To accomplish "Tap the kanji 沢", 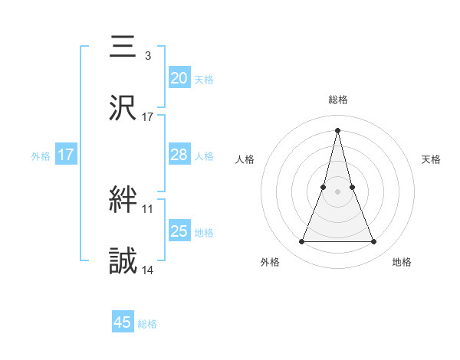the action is (123, 107).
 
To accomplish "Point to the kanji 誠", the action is (123, 261).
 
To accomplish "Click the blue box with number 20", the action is (179, 77).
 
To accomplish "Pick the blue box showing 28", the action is (179, 155).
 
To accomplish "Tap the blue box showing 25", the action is (179, 231).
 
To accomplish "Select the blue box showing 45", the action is (123, 322).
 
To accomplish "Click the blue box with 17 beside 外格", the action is (65, 155).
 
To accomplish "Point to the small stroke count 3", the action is (147, 56).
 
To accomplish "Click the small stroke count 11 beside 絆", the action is (148, 208).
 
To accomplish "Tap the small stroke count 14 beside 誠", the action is (148, 270).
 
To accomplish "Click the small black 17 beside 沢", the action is (148, 117).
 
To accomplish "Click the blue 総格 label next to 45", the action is (147, 325).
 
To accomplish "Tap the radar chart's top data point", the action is (337, 129).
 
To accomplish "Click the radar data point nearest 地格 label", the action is (374, 242).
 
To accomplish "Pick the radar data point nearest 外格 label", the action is (301, 242).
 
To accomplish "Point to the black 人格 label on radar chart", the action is (245, 159).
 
